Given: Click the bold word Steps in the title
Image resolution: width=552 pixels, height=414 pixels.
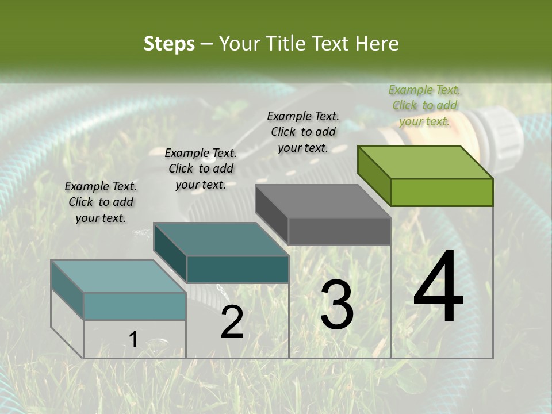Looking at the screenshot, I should tap(169, 44).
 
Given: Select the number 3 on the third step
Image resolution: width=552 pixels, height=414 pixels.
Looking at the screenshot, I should tap(336, 305).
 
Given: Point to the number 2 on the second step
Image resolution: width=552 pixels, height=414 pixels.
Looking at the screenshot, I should tap(232, 323).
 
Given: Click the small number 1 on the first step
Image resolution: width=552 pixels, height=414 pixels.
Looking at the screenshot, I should tap(133, 339).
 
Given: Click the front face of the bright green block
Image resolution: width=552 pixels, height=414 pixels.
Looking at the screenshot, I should tap(442, 192).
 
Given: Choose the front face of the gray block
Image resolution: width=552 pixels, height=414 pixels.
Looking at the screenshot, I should tap(339, 231).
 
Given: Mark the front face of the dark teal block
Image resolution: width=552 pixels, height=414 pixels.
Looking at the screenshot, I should tap(237, 269).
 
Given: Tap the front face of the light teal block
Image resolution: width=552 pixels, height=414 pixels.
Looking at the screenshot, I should tap(135, 306).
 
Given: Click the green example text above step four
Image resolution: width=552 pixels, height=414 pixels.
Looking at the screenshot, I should tap(424, 105).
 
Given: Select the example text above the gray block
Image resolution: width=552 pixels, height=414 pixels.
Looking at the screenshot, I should tap(303, 132).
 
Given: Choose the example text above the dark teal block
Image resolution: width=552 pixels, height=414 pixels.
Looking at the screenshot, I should tap(201, 168).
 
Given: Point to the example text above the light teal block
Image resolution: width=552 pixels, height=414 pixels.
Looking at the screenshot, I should tap(101, 202).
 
